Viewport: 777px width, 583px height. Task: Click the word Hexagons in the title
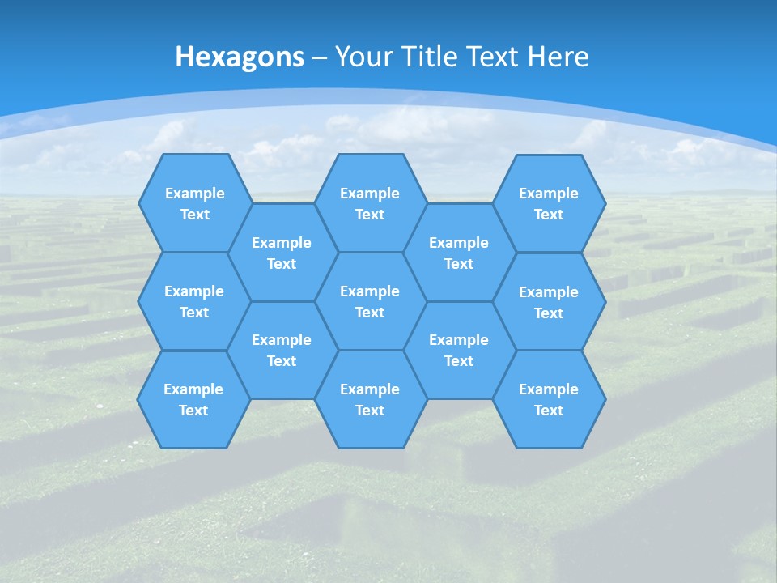coord(240,57)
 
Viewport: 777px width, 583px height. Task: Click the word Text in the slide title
coord(494,57)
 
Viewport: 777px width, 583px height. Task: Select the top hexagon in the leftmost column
coord(194,203)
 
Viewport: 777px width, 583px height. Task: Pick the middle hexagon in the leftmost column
coord(194,301)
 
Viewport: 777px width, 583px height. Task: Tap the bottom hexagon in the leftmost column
coord(193,399)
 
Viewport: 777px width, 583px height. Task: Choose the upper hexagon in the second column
coord(282,253)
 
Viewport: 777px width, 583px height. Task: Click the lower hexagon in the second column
coord(282,350)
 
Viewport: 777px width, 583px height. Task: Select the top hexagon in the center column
coord(370,203)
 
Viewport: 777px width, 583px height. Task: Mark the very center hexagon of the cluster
coord(370,301)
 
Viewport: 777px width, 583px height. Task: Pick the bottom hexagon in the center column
coord(370,399)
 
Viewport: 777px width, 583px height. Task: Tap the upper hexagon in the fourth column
coord(459,253)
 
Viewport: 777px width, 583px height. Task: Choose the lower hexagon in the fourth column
coord(459,350)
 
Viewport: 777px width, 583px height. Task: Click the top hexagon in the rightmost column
coord(549,203)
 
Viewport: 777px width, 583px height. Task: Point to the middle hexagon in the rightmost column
coord(549,302)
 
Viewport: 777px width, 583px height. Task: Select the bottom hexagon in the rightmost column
coord(549,399)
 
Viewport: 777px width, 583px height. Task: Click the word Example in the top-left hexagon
coord(194,194)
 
